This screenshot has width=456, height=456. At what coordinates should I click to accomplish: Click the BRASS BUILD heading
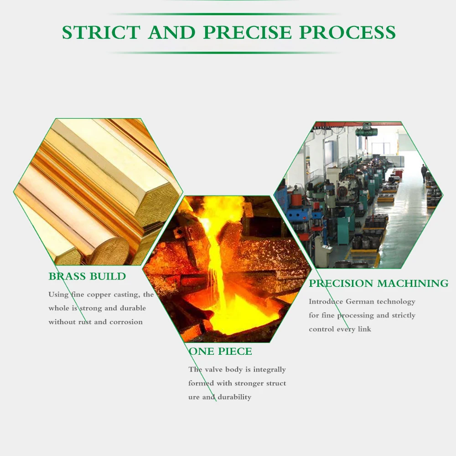pyautogui.click(x=87, y=276)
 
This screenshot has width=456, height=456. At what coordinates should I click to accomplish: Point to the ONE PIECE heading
pyautogui.click(x=220, y=352)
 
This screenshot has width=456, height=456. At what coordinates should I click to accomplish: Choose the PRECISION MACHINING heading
pyautogui.click(x=378, y=284)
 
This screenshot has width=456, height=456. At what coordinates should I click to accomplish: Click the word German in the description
pyautogui.click(x=360, y=301)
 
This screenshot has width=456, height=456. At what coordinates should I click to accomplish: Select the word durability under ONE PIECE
pyautogui.click(x=234, y=397)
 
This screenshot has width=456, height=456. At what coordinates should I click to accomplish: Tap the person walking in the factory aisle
pyautogui.click(x=424, y=172)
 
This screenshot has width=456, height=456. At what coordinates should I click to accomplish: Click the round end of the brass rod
pyautogui.click(x=108, y=250)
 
